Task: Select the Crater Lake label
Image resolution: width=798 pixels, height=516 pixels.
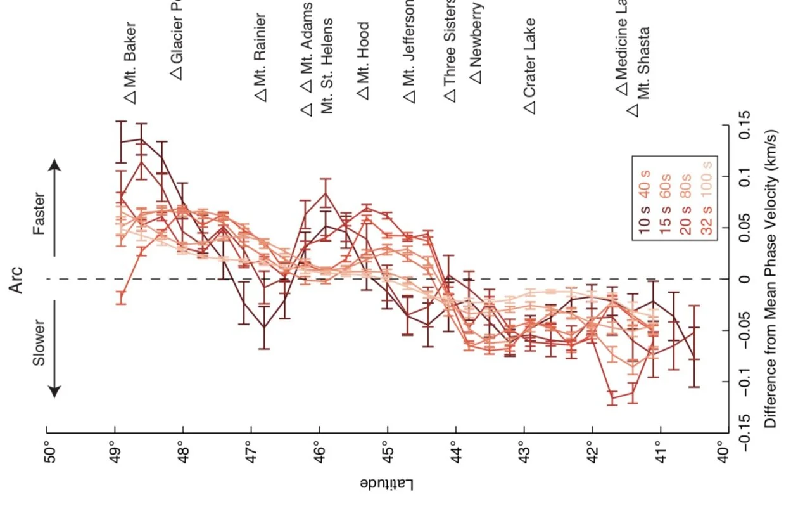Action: pos(529,58)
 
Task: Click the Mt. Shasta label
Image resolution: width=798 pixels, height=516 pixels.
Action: pos(644,63)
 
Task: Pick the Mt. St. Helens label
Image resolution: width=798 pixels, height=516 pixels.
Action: pos(327,66)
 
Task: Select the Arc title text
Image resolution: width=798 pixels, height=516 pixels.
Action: pos(17,280)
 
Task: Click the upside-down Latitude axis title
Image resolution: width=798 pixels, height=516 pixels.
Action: pos(387,485)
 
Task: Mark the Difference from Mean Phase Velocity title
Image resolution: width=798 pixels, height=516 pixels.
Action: pos(771,280)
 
